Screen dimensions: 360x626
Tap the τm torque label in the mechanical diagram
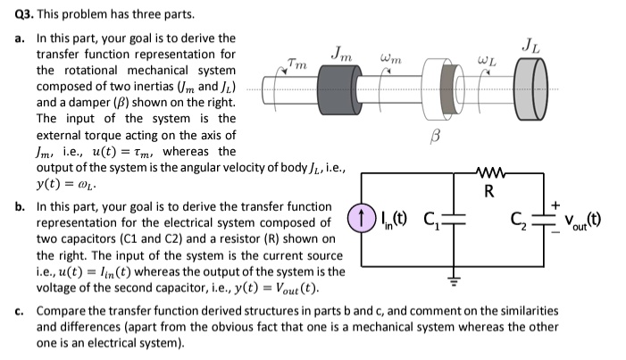click(x=296, y=63)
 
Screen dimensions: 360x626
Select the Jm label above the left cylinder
click(x=340, y=54)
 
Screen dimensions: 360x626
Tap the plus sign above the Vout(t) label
click(x=558, y=205)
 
